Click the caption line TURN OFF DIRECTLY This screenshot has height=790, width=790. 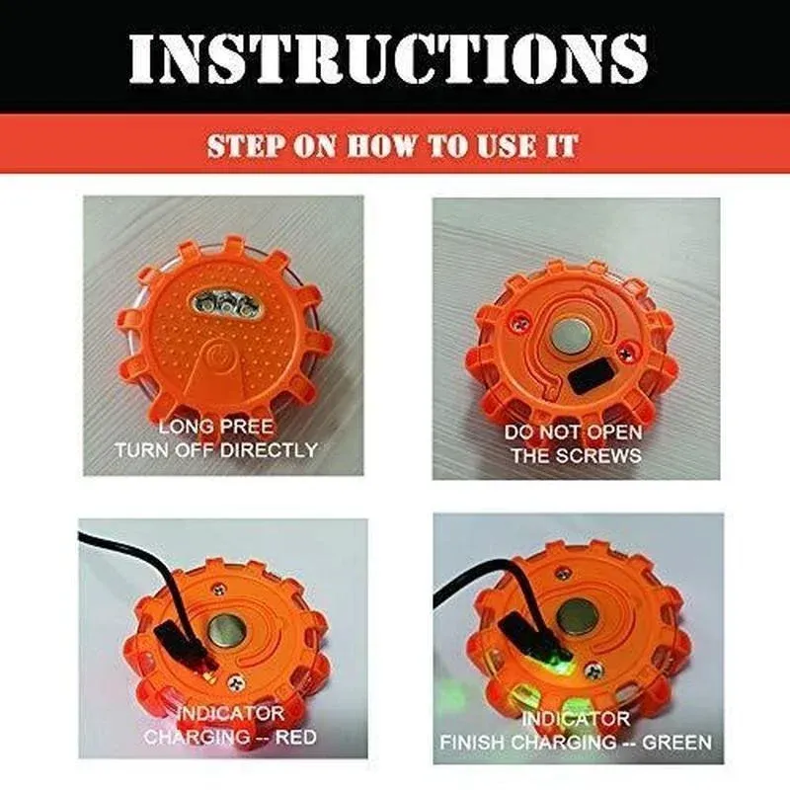216,450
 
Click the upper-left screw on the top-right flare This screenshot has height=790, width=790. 517,317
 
